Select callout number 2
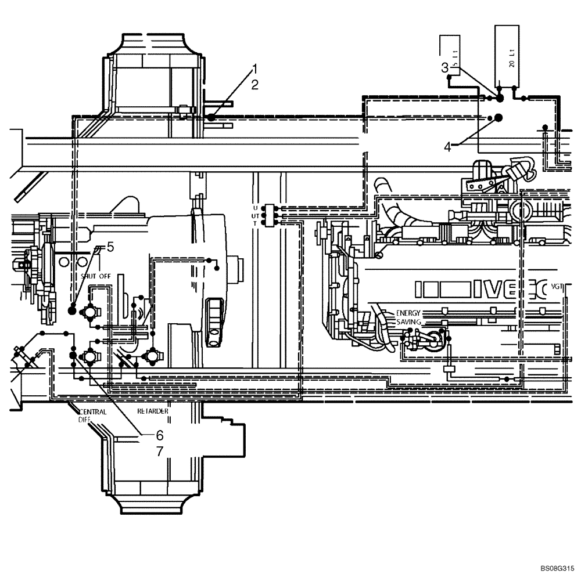click(x=254, y=85)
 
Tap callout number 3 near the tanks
click(x=444, y=67)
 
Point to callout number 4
click(x=447, y=147)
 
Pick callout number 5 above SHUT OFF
click(x=110, y=246)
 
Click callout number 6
click(x=159, y=434)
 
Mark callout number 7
click(x=159, y=450)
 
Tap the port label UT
click(x=255, y=215)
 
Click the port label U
click(x=255, y=208)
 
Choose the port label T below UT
click(x=255, y=223)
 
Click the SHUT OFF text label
click(x=96, y=276)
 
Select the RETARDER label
click(x=153, y=411)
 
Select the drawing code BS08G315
click(x=556, y=569)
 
